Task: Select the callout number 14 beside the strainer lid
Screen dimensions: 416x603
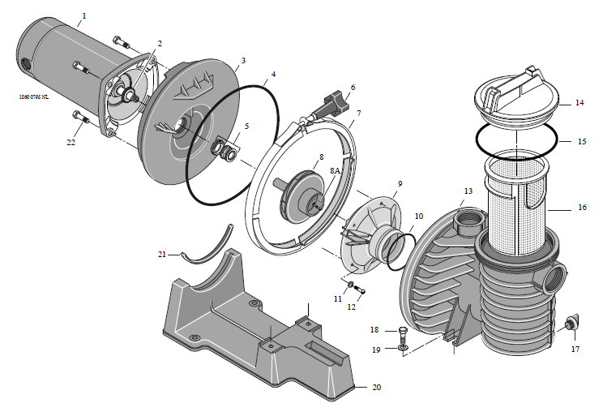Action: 579,103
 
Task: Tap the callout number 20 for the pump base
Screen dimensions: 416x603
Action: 375,387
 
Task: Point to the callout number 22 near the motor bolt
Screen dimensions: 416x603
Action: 72,142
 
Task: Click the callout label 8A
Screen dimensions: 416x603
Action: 336,172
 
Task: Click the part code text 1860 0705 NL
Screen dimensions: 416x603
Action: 33,96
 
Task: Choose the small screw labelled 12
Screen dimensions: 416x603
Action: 360,290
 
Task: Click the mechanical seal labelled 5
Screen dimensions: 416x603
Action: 225,151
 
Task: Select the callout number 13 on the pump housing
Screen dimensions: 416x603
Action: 468,191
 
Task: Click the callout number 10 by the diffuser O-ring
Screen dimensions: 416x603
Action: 418,217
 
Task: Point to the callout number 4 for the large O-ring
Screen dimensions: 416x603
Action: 273,75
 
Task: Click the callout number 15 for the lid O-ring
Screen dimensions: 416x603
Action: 581,141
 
